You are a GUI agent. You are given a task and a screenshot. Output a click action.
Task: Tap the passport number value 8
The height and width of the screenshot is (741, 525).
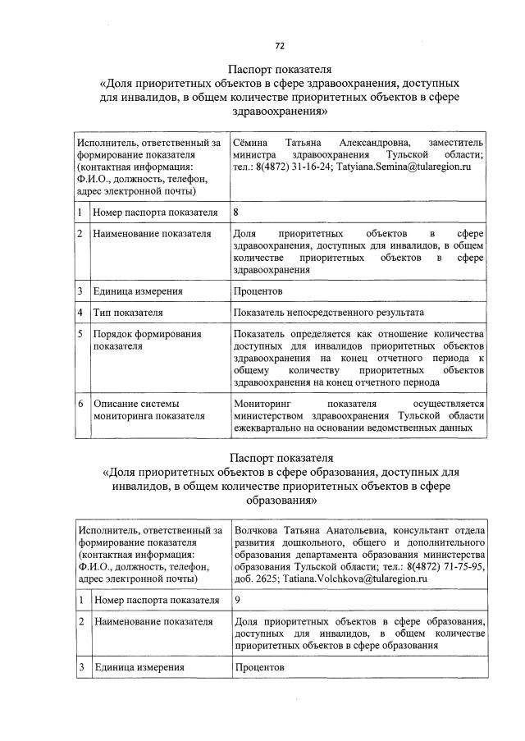point(237,213)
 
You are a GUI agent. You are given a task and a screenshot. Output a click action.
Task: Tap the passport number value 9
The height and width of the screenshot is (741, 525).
point(237,600)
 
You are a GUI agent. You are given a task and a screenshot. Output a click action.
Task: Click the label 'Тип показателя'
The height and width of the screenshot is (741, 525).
point(127,313)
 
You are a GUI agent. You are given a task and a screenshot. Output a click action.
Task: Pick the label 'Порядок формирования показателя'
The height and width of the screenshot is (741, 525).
point(135,340)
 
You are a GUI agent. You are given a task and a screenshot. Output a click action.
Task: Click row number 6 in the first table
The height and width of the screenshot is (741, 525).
point(80,404)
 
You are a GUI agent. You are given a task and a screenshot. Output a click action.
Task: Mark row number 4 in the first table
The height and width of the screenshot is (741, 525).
point(80,313)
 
